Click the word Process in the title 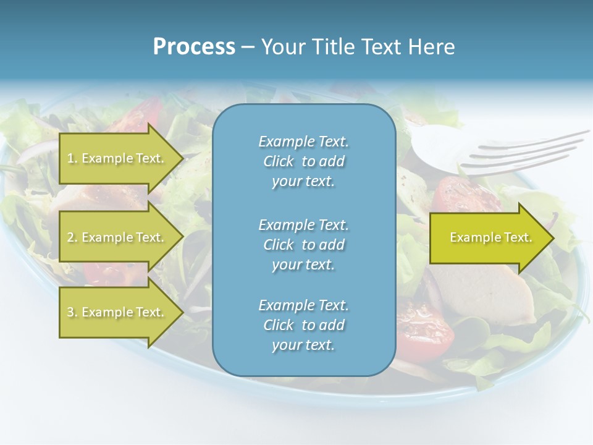coord(194,47)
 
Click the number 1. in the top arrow coord(72,158)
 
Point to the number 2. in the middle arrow coord(72,237)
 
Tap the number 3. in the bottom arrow coord(72,312)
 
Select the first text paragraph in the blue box coord(303,161)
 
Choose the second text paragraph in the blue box coord(303,244)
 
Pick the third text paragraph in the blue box coord(303,325)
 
